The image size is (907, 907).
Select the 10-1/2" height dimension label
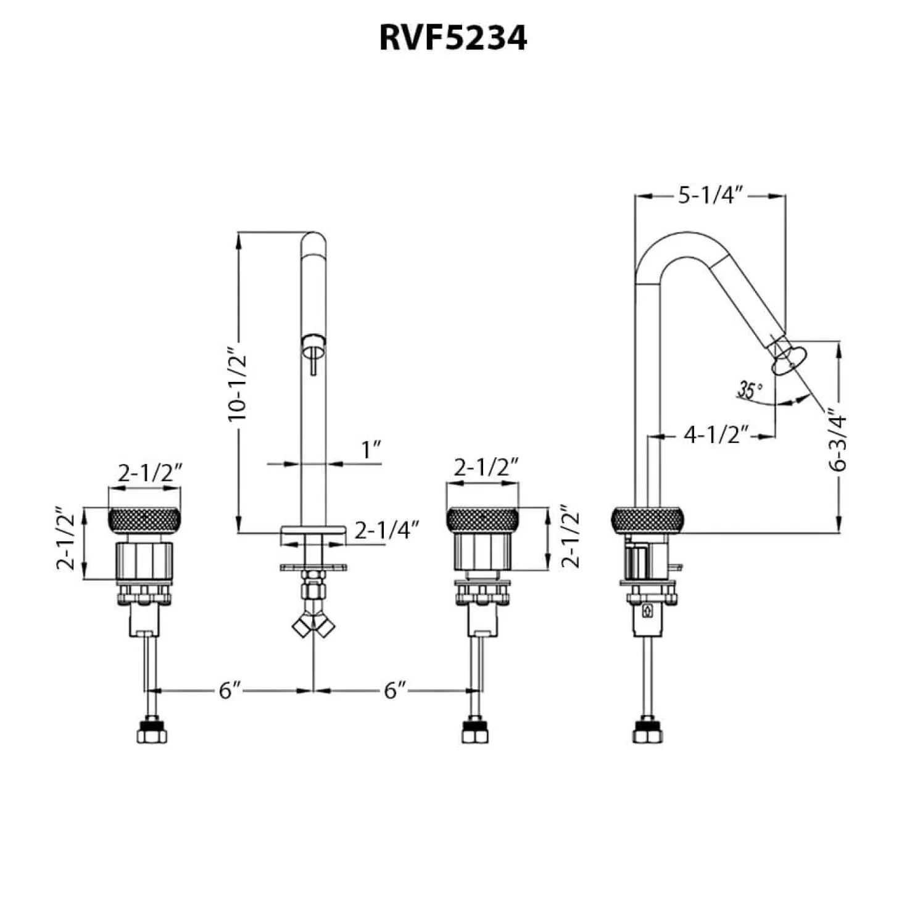click(237, 384)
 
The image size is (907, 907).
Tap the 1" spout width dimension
click(371, 450)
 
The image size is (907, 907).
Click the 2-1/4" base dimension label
click(387, 531)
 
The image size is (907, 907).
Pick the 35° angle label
click(750, 390)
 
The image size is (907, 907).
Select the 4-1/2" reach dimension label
click(716, 436)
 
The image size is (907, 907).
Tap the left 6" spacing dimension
click(230, 690)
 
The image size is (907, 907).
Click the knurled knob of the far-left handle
click(144, 520)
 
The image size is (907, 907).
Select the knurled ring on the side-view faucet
click(647, 520)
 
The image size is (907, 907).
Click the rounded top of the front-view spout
click(313, 243)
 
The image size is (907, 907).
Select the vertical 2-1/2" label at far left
click(66, 539)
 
